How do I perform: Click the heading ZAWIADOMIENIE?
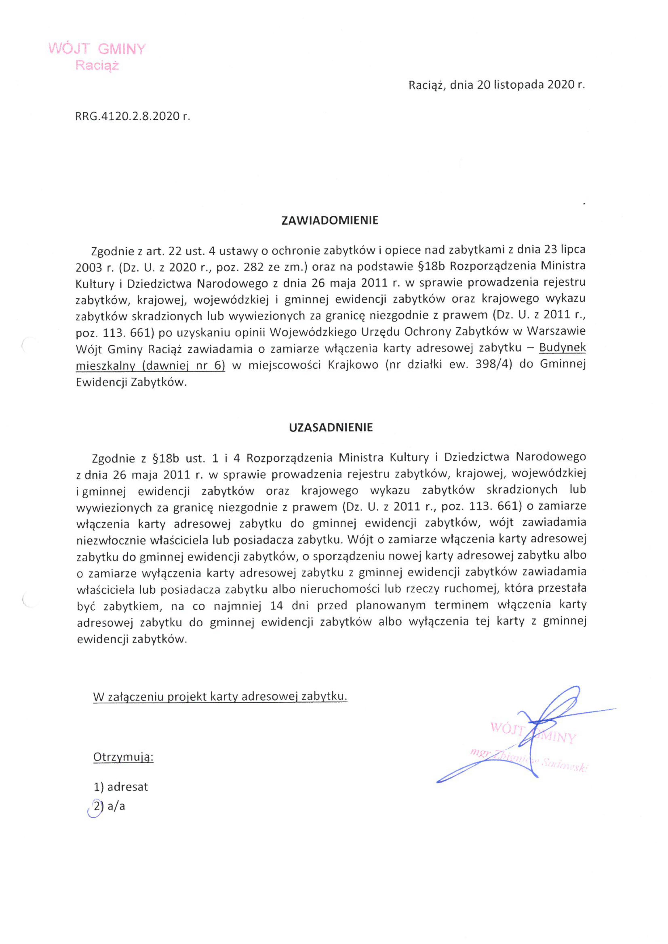pyautogui.click(x=330, y=221)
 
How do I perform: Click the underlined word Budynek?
pyautogui.click(x=562, y=348)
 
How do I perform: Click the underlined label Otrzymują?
pyautogui.click(x=123, y=757)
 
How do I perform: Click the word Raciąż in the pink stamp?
pyautogui.click(x=97, y=66)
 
